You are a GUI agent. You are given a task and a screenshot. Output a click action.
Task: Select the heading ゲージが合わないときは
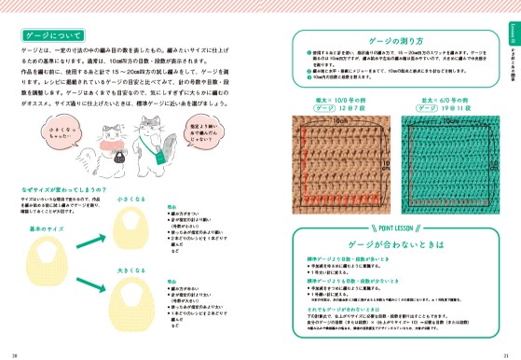coord(398,242)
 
